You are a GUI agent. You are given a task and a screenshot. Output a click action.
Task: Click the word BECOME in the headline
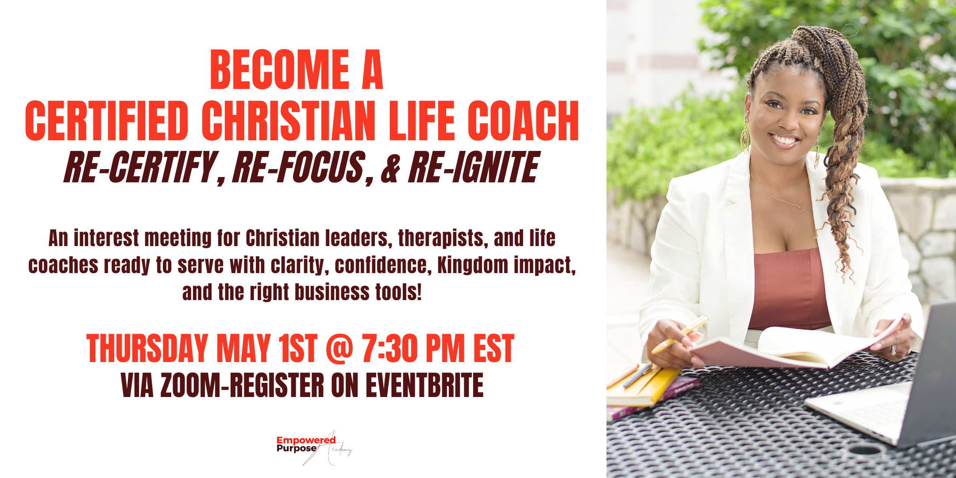(280, 69)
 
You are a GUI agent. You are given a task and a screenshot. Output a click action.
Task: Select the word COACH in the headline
(523, 120)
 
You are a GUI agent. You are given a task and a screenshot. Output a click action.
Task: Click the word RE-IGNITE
(474, 167)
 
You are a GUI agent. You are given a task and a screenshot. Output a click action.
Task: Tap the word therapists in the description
(443, 239)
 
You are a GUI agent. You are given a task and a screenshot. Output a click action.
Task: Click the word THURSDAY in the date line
(147, 349)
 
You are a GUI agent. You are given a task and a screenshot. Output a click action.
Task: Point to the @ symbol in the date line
(339, 349)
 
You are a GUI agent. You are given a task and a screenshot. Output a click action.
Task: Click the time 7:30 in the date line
(389, 349)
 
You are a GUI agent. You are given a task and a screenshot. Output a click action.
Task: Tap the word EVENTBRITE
(424, 385)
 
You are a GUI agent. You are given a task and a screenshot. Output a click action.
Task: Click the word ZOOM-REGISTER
(242, 385)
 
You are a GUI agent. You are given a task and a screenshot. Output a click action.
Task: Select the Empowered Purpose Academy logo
(315, 447)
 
